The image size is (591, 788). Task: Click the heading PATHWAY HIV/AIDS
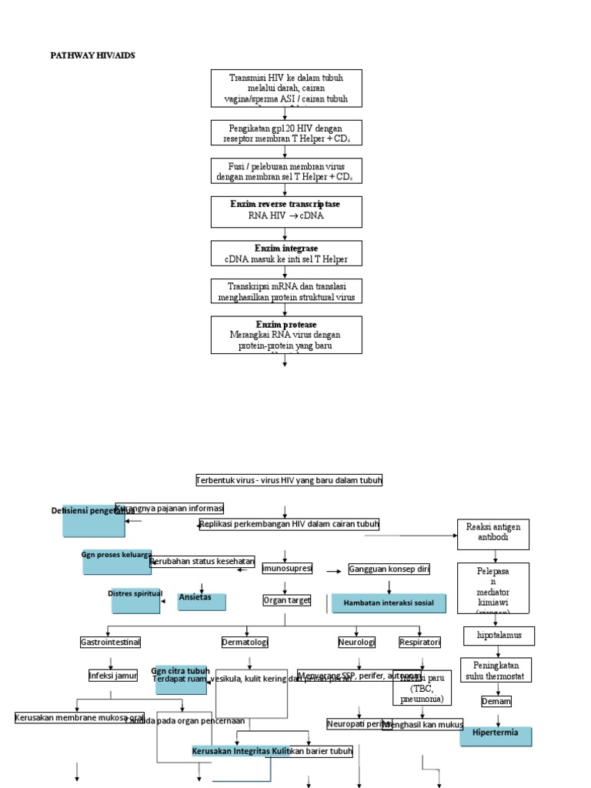tap(92, 55)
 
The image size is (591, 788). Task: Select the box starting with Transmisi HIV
tap(285, 88)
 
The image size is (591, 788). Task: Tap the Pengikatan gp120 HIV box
tap(285, 132)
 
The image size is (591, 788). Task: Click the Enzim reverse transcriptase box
tap(285, 210)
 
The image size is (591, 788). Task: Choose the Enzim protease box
tap(285, 335)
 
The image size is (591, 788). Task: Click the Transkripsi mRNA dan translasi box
tap(285, 291)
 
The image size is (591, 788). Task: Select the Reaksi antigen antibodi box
tap(493, 533)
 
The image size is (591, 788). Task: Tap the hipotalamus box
tap(499, 636)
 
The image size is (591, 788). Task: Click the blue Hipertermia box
tap(496, 736)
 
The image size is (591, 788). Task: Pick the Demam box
tap(496, 702)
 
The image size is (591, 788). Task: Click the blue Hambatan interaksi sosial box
tap(389, 603)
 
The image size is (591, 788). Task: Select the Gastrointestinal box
tap(110, 642)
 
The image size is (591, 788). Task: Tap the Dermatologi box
tap(245, 642)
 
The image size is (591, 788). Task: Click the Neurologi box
tap(356, 642)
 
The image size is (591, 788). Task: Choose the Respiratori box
tap(419, 642)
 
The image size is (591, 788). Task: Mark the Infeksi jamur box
tap(112, 676)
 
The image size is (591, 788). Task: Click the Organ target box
tap(286, 599)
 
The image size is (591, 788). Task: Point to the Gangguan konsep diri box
tap(389, 569)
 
